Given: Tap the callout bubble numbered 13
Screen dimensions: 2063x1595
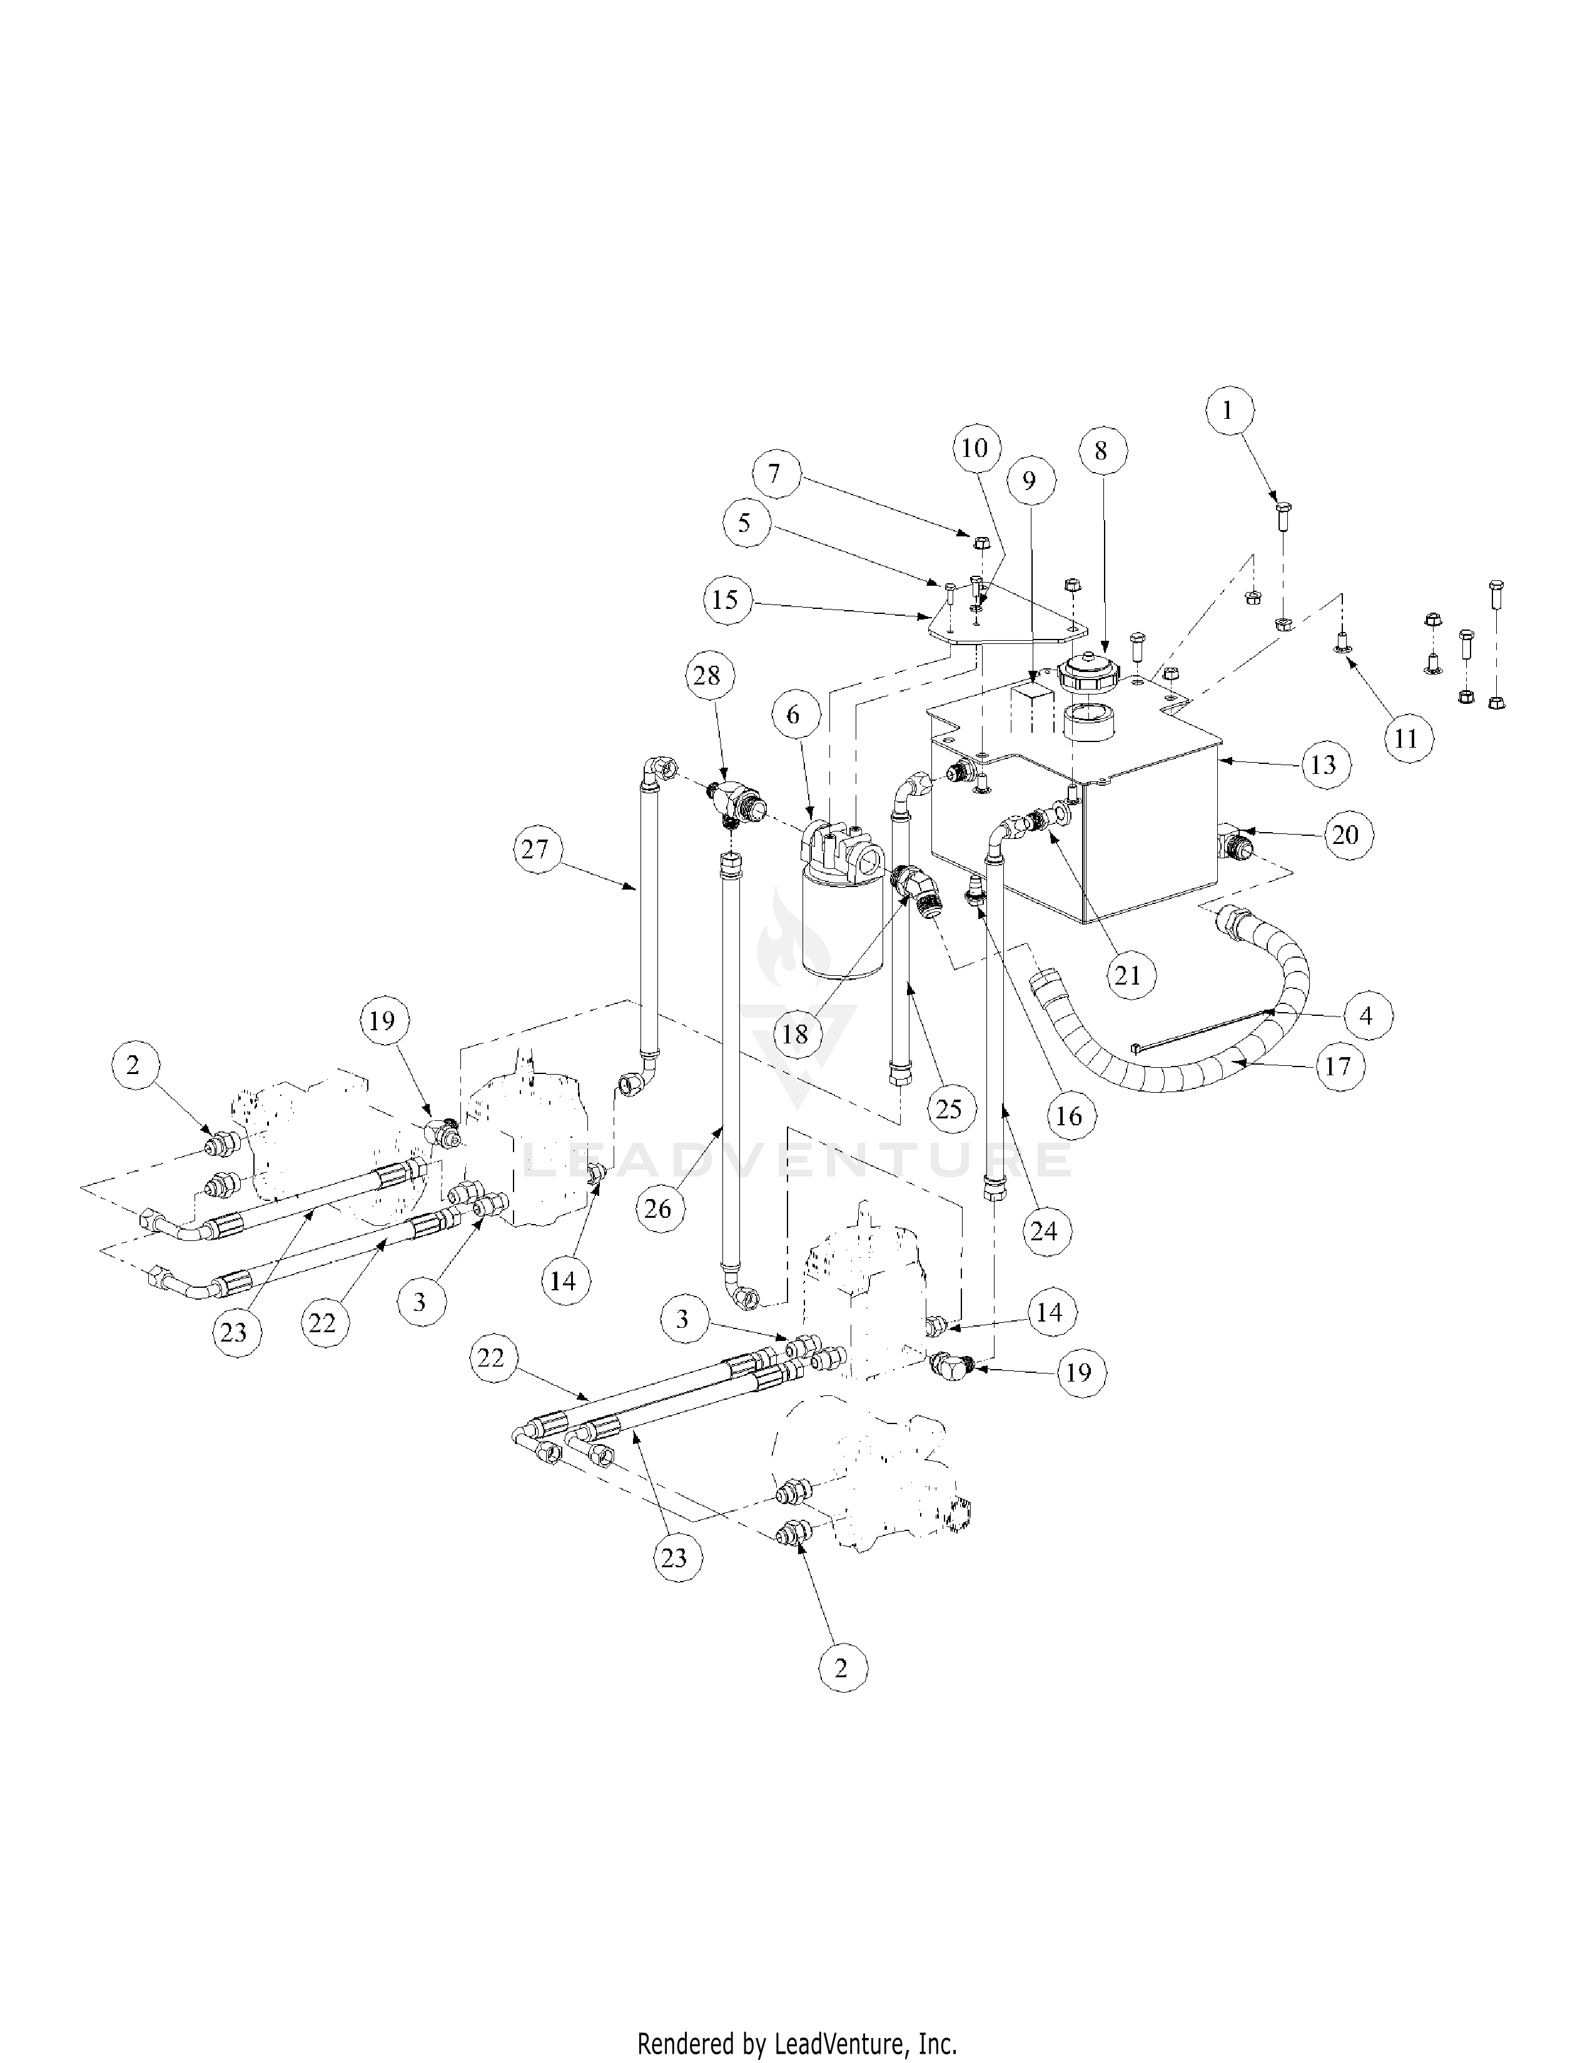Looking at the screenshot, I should [x=1324, y=764].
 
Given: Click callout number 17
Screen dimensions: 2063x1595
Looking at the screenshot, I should [x=1338, y=1067].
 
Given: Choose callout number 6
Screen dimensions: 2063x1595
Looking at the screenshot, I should [x=792, y=715].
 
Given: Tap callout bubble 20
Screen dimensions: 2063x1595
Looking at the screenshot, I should [x=1345, y=834].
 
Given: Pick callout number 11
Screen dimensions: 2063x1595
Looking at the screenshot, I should [x=1407, y=738].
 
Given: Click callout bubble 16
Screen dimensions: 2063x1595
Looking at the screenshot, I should [x=1069, y=1115].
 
